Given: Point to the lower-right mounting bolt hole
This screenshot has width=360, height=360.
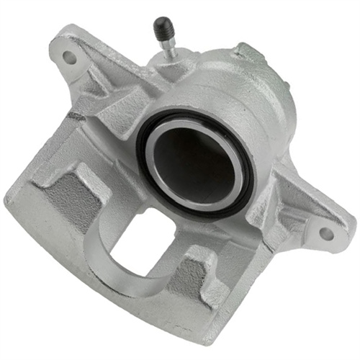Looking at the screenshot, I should point(326,233).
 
